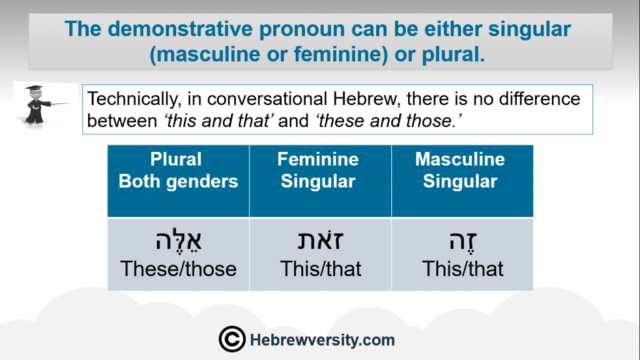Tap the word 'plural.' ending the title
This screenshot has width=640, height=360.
click(x=453, y=54)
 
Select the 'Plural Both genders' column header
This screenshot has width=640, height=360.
click(x=178, y=170)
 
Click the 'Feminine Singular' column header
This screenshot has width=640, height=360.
click(x=318, y=170)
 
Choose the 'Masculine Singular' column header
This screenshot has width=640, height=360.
click(x=460, y=170)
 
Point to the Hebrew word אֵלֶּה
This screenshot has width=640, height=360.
click(x=178, y=241)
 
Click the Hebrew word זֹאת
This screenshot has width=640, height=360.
click(x=321, y=240)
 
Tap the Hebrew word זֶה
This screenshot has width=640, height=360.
click(x=463, y=241)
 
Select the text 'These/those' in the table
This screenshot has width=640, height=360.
click(x=178, y=269)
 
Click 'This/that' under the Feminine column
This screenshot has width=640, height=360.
click(x=321, y=269)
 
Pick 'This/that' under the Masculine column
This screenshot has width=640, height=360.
click(x=462, y=269)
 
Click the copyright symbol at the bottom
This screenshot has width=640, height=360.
click(x=232, y=339)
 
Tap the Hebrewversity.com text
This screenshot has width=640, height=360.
click(x=322, y=340)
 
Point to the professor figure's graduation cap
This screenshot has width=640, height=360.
click(x=34, y=87)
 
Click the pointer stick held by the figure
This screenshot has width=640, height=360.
click(x=60, y=104)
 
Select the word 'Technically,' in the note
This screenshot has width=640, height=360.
click(x=134, y=99)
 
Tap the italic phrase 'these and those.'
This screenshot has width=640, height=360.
click(x=389, y=121)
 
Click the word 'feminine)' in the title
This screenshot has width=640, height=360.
click(x=341, y=55)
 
